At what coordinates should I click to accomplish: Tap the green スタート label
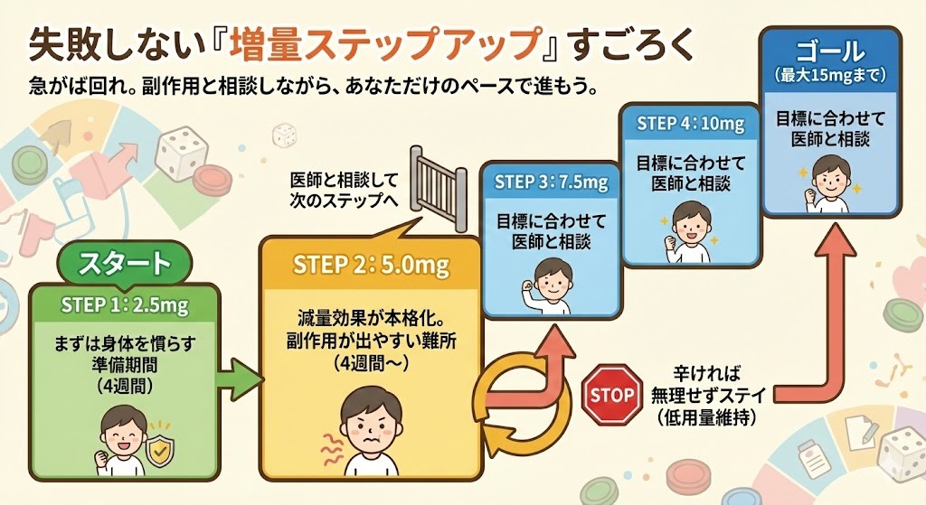click(124, 264)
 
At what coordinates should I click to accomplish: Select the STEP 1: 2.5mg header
click(124, 304)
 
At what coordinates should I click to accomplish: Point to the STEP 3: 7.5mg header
click(551, 182)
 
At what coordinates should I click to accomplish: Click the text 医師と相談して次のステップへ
click(344, 189)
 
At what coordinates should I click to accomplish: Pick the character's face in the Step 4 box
click(689, 222)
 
